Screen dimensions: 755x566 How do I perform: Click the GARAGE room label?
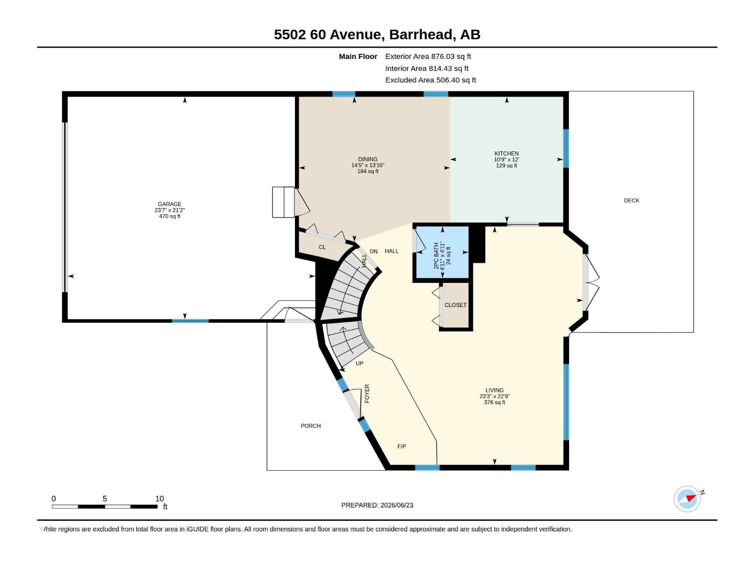coord(169,204)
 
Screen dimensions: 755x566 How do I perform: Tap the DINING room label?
coord(368,159)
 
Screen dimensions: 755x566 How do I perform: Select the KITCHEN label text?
coord(506,154)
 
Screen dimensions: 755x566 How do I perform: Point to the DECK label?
coord(631,200)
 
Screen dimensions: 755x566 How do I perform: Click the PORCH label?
coord(310,426)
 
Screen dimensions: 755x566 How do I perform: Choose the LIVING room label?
coord(494,390)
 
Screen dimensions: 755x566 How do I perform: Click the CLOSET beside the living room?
coord(455,305)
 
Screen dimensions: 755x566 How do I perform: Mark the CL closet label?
coord(322,247)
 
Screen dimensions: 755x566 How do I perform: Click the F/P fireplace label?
coord(402,446)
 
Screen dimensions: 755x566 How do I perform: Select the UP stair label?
coord(360,363)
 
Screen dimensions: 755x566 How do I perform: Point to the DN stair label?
coord(374,251)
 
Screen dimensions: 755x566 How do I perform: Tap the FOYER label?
coord(367,393)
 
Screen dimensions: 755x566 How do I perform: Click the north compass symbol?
coord(687,499)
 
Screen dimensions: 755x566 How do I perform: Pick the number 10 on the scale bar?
coord(159,499)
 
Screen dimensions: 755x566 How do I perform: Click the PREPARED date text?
coord(377,505)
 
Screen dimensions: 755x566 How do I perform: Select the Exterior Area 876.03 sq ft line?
coord(428,56)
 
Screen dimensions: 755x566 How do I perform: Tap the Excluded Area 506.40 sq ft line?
coord(431,80)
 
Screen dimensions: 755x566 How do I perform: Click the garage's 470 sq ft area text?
coord(169,216)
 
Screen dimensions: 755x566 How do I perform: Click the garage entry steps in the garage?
coord(283,202)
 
